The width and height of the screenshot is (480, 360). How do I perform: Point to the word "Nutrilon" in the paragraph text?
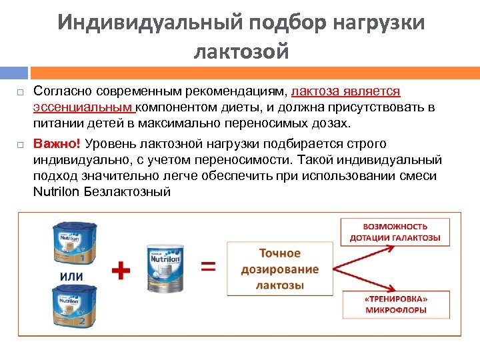(x=58, y=192)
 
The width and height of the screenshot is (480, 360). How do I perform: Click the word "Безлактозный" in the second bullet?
(x=129, y=192)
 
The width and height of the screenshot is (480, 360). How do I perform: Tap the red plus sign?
(x=120, y=269)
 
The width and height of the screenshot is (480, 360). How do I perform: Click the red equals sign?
(x=209, y=266)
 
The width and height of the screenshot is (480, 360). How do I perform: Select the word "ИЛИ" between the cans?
(x=72, y=276)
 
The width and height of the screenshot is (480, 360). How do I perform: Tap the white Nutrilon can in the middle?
(x=165, y=268)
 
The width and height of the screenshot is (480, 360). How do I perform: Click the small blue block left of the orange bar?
(x=13, y=72)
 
